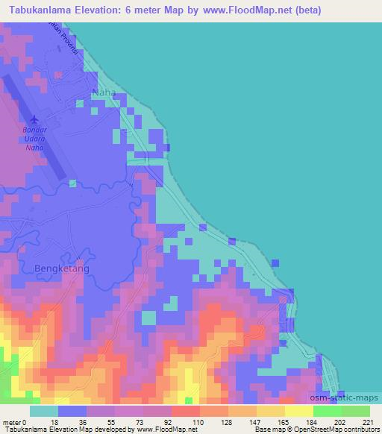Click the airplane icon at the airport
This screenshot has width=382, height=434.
34,119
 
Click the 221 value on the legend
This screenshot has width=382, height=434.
369,421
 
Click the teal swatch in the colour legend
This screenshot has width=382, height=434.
43,411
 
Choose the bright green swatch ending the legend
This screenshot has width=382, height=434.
355,411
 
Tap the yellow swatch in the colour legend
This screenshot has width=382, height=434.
298,411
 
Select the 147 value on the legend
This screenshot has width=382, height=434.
256,421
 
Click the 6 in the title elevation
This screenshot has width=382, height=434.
150,10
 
